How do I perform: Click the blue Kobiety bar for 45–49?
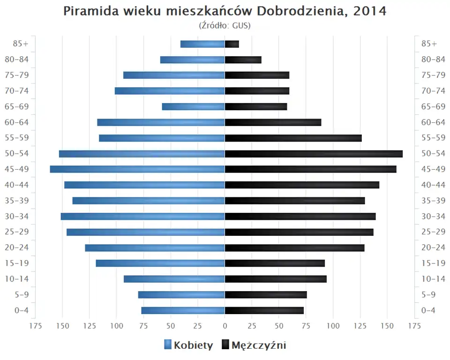[x=137, y=169]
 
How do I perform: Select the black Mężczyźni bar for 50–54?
[x=314, y=154]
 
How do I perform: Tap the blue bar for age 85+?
[x=202, y=44]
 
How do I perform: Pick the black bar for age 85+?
[x=232, y=44]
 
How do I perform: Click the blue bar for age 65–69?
[x=193, y=107]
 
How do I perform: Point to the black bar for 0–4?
[x=264, y=310]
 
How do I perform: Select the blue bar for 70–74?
[x=170, y=91]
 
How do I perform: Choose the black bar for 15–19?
[x=275, y=263]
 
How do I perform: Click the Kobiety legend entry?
[x=188, y=345]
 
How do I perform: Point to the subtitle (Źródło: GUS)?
[x=225, y=25]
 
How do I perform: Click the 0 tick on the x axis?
[x=225, y=326]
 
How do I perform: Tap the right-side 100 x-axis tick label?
[x=333, y=326]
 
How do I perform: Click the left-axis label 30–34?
[x=16, y=216]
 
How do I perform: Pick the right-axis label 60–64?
[x=433, y=122]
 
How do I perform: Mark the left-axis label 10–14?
[x=16, y=279]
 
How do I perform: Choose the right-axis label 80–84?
[x=433, y=60]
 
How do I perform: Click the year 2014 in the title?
[x=370, y=11]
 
